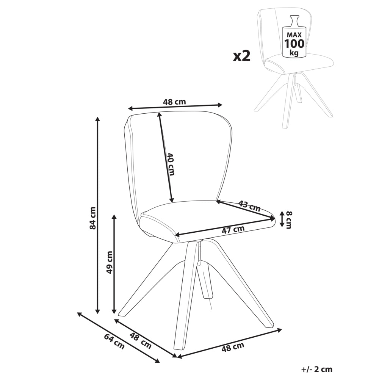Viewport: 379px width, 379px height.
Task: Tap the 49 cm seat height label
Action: (110, 262)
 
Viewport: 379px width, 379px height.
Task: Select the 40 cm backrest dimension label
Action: (171, 164)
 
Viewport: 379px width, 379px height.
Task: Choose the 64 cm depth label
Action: (114, 341)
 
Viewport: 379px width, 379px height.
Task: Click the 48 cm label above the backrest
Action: (174, 102)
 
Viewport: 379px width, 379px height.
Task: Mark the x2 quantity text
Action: (241, 56)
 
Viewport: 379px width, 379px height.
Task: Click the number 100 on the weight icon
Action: (294, 44)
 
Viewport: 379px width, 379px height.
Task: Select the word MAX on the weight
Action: (294, 35)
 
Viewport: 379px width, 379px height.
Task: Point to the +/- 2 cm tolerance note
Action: (317, 369)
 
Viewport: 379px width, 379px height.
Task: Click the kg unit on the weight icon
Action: (294, 53)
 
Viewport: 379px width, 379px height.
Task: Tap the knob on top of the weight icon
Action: (294, 19)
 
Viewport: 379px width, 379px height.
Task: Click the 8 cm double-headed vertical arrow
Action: (281, 219)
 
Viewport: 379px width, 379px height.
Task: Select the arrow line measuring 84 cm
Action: (97, 215)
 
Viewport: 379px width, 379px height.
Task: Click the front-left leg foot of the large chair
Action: (122, 313)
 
